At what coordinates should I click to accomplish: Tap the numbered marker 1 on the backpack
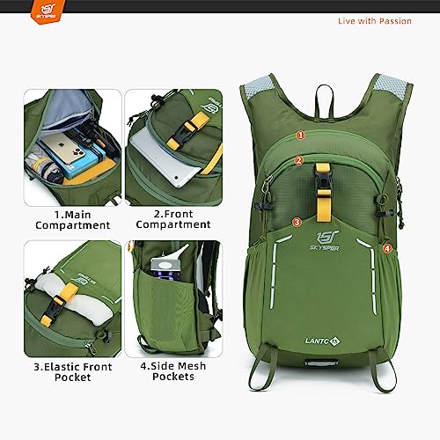(301, 136)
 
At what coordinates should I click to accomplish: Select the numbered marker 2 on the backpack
(299, 160)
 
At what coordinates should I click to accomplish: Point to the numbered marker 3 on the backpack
(297, 222)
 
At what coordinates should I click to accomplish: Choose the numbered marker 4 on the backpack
(388, 248)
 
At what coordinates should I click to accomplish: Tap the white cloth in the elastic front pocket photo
(66, 299)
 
